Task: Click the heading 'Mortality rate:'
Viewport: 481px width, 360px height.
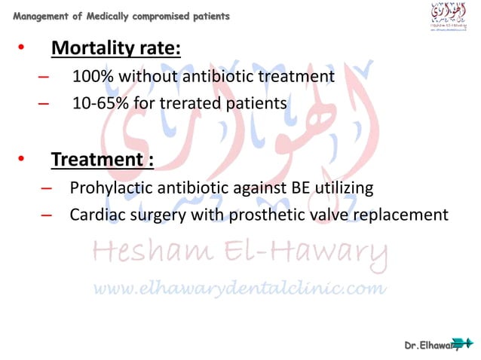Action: pos(115,50)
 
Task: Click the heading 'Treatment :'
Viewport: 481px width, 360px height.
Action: pos(102,160)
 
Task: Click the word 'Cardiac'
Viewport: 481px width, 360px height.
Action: pos(96,215)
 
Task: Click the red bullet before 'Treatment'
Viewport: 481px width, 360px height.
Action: pos(21,160)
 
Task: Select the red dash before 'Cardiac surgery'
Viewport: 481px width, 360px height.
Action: pos(47,215)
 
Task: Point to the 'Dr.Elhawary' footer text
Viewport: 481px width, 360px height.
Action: pos(433,344)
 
